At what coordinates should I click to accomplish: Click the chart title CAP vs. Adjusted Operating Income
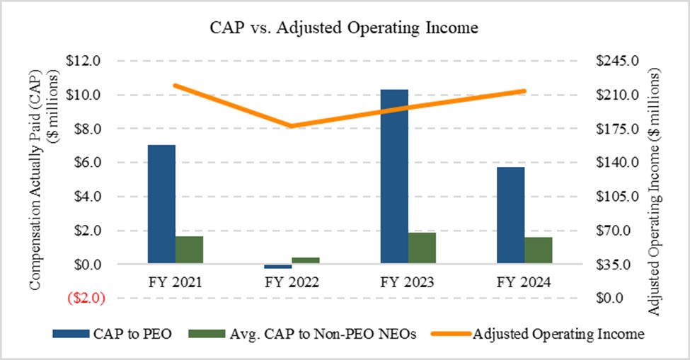click(345, 28)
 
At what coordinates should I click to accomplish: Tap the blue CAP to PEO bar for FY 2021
click(161, 204)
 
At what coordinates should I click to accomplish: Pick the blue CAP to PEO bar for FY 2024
click(510, 216)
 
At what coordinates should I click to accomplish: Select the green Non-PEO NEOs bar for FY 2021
click(189, 250)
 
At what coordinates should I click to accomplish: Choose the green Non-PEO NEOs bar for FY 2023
click(422, 248)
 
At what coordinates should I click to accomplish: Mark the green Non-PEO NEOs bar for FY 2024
click(539, 250)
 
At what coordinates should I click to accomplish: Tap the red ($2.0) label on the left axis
click(86, 298)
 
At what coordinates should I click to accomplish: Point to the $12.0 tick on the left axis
click(85, 61)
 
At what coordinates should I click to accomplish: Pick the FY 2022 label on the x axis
click(291, 283)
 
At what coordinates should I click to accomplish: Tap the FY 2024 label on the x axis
click(524, 283)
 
